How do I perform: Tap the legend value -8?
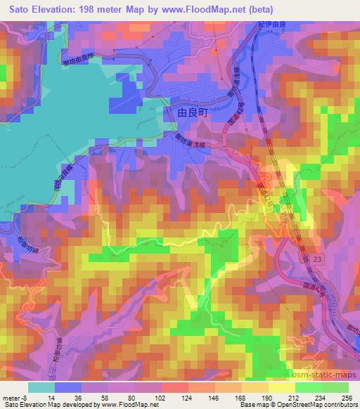26,397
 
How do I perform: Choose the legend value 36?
77,397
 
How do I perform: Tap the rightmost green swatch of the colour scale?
335,387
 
